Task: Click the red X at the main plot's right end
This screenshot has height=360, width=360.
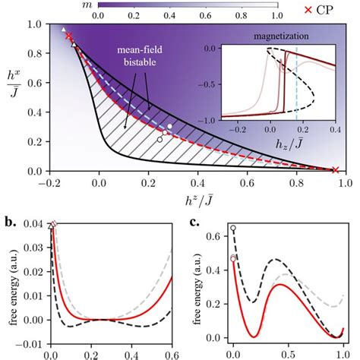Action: point(336,170)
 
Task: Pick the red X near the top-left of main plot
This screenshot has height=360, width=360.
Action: point(69,36)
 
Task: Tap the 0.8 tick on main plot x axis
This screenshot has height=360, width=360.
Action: point(296,183)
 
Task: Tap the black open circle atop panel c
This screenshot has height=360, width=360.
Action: point(233,228)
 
